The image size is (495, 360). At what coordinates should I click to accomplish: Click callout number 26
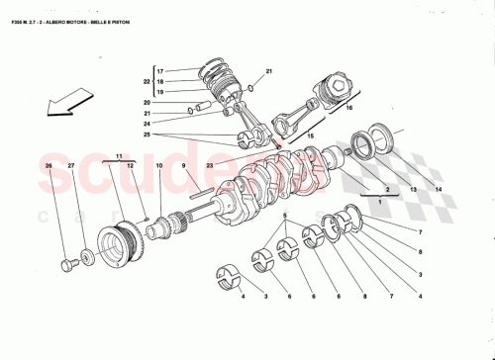tap(49, 166)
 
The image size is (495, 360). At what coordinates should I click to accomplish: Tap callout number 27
tap(70, 166)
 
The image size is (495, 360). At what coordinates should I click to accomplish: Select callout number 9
tap(183, 166)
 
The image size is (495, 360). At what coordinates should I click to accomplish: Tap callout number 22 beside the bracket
tap(148, 81)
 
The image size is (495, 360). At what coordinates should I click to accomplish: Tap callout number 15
tap(311, 135)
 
